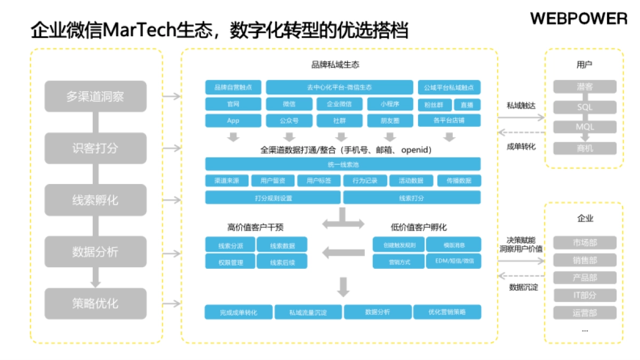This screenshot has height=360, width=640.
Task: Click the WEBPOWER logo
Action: point(579,19)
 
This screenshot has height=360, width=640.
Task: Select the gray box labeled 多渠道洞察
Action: point(95,97)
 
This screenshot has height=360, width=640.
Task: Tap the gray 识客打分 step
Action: point(95,148)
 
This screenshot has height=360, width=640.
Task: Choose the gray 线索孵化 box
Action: point(95,200)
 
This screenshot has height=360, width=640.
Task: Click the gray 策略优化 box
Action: point(95,304)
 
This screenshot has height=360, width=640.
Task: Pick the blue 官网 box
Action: point(233,104)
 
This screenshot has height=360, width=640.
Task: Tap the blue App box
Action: point(233,121)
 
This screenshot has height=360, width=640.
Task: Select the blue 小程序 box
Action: point(390,104)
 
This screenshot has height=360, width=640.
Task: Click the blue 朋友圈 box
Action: point(390,121)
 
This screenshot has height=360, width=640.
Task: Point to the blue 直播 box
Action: point(467,105)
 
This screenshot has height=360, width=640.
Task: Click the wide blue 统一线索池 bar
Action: point(343,164)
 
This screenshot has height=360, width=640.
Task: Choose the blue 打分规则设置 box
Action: point(273,198)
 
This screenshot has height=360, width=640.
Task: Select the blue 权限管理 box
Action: point(229,262)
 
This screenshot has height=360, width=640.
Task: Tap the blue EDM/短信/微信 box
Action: point(454,261)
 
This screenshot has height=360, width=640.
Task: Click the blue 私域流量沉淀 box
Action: point(308,312)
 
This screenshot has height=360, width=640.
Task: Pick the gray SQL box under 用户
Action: point(585,107)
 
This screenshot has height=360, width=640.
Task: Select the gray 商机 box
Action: point(585,148)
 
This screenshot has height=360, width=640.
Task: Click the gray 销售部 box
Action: point(585,260)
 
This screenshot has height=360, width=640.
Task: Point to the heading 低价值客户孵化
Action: point(419,227)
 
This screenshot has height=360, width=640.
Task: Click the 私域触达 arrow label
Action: point(521,106)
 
